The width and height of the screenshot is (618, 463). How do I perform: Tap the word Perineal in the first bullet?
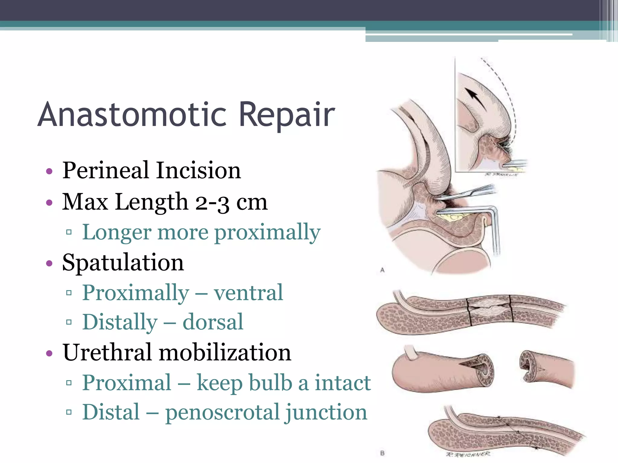[106, 170]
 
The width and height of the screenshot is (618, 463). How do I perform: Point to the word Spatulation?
[123, 262]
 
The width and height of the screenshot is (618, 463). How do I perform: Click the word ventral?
[248, 292]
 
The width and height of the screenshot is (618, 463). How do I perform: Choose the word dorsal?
[213, 322]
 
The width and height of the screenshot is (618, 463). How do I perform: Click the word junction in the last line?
[326, 412]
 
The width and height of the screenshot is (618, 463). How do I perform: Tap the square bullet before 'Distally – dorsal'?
[69, 322]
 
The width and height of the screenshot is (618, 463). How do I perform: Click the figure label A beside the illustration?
[382, 270]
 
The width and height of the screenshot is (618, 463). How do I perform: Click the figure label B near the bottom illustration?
[382, 453]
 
